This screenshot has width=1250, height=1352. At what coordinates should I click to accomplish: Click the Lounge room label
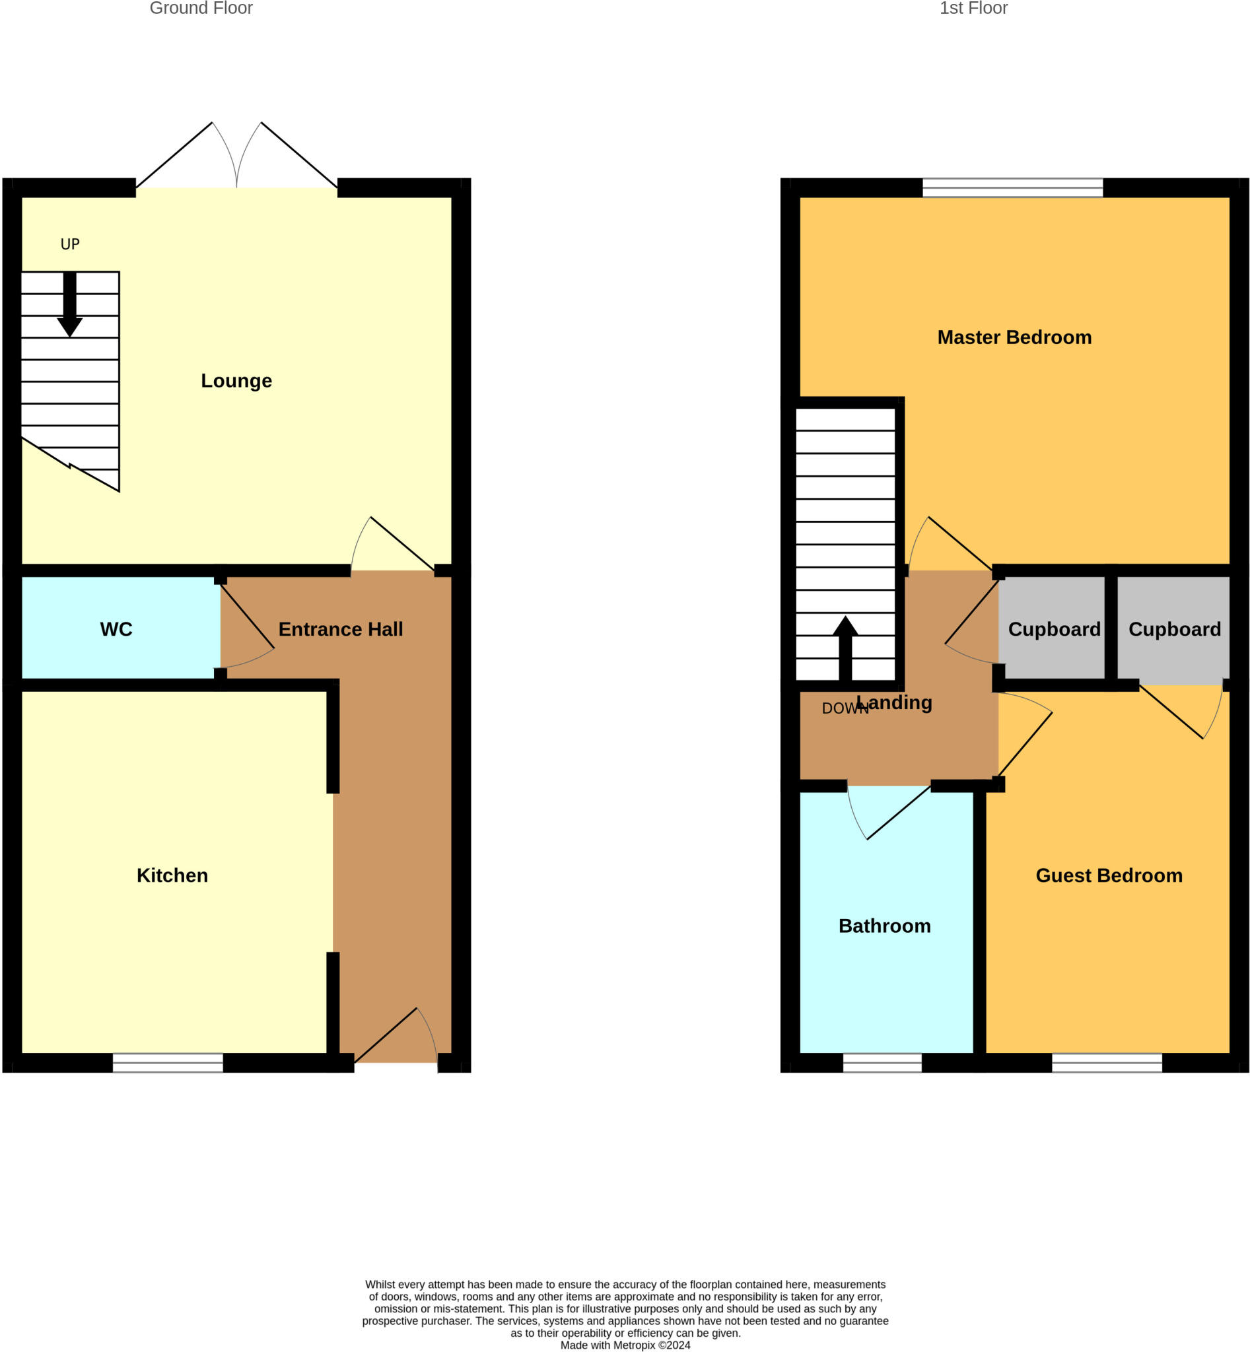[236, 381]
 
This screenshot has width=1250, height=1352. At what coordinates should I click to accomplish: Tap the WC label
[116, 629]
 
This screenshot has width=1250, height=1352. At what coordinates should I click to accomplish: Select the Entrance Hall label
[340, 629]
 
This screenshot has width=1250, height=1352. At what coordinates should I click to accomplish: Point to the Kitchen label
[172, 875]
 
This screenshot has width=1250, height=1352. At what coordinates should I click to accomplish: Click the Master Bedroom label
[1014, 337]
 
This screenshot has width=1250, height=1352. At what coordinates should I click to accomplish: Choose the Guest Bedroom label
[1109, 875]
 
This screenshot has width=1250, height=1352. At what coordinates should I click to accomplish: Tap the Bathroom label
[884, 926]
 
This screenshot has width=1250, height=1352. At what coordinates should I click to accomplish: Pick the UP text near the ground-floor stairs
[71, 244]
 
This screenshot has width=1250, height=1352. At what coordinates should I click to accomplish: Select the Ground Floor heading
[201, 8]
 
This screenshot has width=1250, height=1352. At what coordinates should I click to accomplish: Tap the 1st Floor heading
[973, 8]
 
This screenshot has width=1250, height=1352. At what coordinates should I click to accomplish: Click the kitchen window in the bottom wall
[168, 1063]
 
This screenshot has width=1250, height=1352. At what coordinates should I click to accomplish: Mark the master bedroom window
[1012, 187]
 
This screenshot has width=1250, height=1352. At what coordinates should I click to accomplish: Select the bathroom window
[882, 1063]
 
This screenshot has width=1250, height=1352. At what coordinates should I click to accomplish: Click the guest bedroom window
[1107, 1063]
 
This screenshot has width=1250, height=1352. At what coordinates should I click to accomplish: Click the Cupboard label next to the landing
[1054, 629]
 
